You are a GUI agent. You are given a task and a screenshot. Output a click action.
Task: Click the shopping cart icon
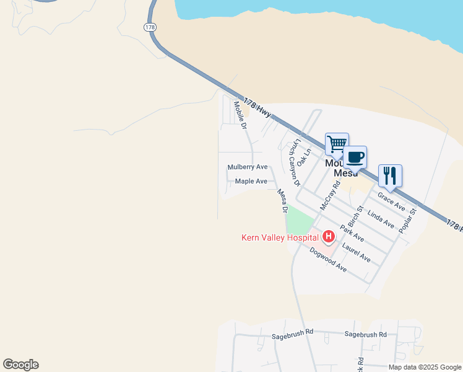[x=337, y=144]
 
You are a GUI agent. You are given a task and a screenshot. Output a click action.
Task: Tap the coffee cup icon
[x=355, y=157]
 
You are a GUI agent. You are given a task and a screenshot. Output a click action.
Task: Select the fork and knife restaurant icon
[x=390, y=175]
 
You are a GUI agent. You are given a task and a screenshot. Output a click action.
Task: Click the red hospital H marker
[x=328, y=237]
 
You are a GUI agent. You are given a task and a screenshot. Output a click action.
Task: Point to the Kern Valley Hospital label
[x=280, y=237]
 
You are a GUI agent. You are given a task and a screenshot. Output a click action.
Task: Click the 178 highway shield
[x=149, y=27]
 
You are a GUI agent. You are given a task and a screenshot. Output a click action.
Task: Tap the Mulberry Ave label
[x=248, y=167]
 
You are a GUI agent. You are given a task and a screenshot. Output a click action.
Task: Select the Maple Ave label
[x=251, y=182]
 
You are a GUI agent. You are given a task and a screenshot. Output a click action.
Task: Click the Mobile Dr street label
[x=240, y=115]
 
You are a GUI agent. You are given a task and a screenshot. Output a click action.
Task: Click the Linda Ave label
[x=381, y=219]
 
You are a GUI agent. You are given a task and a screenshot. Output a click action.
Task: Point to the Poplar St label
[x=409, y=220]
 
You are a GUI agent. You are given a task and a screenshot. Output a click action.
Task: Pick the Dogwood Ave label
[x=328, y=260]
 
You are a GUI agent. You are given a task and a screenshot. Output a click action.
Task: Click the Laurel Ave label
[x=356, y=253]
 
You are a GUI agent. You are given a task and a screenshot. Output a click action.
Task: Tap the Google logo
[x=21, y=365]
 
